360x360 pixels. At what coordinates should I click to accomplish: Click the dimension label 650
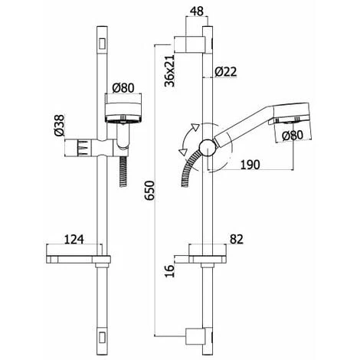(149, 190)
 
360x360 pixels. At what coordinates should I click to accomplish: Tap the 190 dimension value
(250, 165)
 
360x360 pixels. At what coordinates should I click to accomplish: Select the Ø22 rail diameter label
(225, 72)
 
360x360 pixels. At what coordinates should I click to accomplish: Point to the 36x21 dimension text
(169, 70)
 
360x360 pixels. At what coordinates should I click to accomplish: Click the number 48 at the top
(197, 11)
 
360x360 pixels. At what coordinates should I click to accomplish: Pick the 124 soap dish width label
(74, 240)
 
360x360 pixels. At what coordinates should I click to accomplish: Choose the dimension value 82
(237, 239)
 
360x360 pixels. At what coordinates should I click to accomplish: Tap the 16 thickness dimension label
(170, 271)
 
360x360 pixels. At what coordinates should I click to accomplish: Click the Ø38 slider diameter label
(59, 126)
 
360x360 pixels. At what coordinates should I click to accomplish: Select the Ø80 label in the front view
(123, 88)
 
